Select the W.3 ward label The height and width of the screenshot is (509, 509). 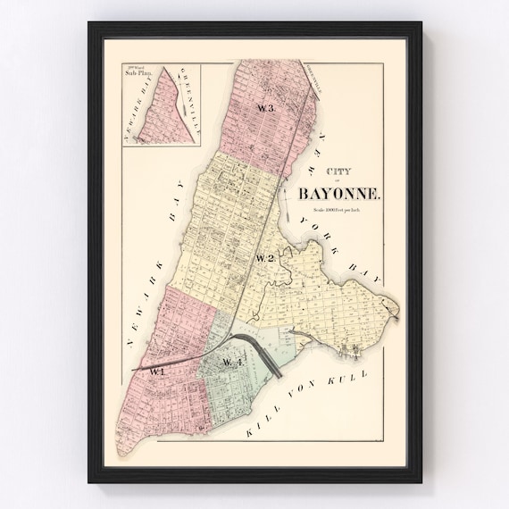pos(264,108)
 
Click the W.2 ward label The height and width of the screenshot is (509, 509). pos(264,258)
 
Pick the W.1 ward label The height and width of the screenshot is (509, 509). pos(158,370)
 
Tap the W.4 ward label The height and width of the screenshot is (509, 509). pos(232,362)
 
